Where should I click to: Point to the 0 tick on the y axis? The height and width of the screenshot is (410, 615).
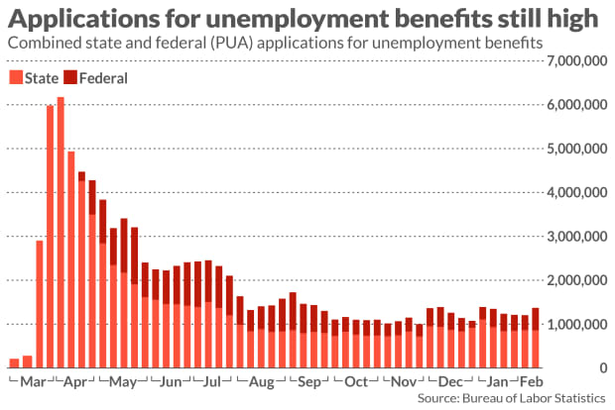(601, 368)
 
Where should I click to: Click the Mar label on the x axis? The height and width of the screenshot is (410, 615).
(31, 382)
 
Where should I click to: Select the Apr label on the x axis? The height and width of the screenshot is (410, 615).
(75, 382)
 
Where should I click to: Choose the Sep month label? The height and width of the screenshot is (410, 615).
(308, 382)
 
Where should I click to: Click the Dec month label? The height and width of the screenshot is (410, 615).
(450, 382)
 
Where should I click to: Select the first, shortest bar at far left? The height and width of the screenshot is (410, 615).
(14, 362)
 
